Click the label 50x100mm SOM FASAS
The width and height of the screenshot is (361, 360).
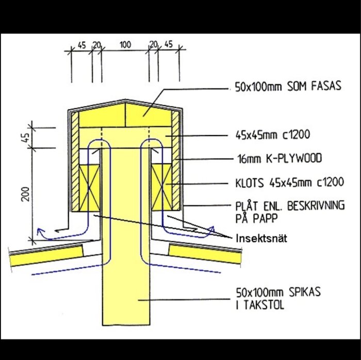[288, 87]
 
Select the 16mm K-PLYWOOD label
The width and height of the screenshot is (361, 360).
[280, 158]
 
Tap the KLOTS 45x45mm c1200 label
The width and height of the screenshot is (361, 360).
[290, 183]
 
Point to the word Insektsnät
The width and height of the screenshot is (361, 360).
[261, 238]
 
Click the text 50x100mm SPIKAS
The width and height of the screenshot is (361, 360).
[278, 292]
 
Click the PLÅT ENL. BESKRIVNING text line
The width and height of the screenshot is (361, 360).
[290, 206]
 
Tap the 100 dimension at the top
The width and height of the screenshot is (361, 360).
[125, 45]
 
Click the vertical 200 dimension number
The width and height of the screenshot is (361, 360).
[25, 194]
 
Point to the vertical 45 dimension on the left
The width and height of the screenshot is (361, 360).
[26, 138]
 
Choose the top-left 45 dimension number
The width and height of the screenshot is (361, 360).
[81, 45]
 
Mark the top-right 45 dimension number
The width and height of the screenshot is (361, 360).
[168, 44]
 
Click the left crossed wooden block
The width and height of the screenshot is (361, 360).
[89, 188]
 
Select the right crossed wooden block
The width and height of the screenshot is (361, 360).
[162, 187]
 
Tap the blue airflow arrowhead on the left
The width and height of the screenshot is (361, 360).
[40, 231]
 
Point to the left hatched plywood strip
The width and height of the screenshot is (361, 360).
[75, 161]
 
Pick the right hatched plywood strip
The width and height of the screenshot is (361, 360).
[176, 160]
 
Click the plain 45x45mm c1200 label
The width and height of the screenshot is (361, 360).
[273, 135]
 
